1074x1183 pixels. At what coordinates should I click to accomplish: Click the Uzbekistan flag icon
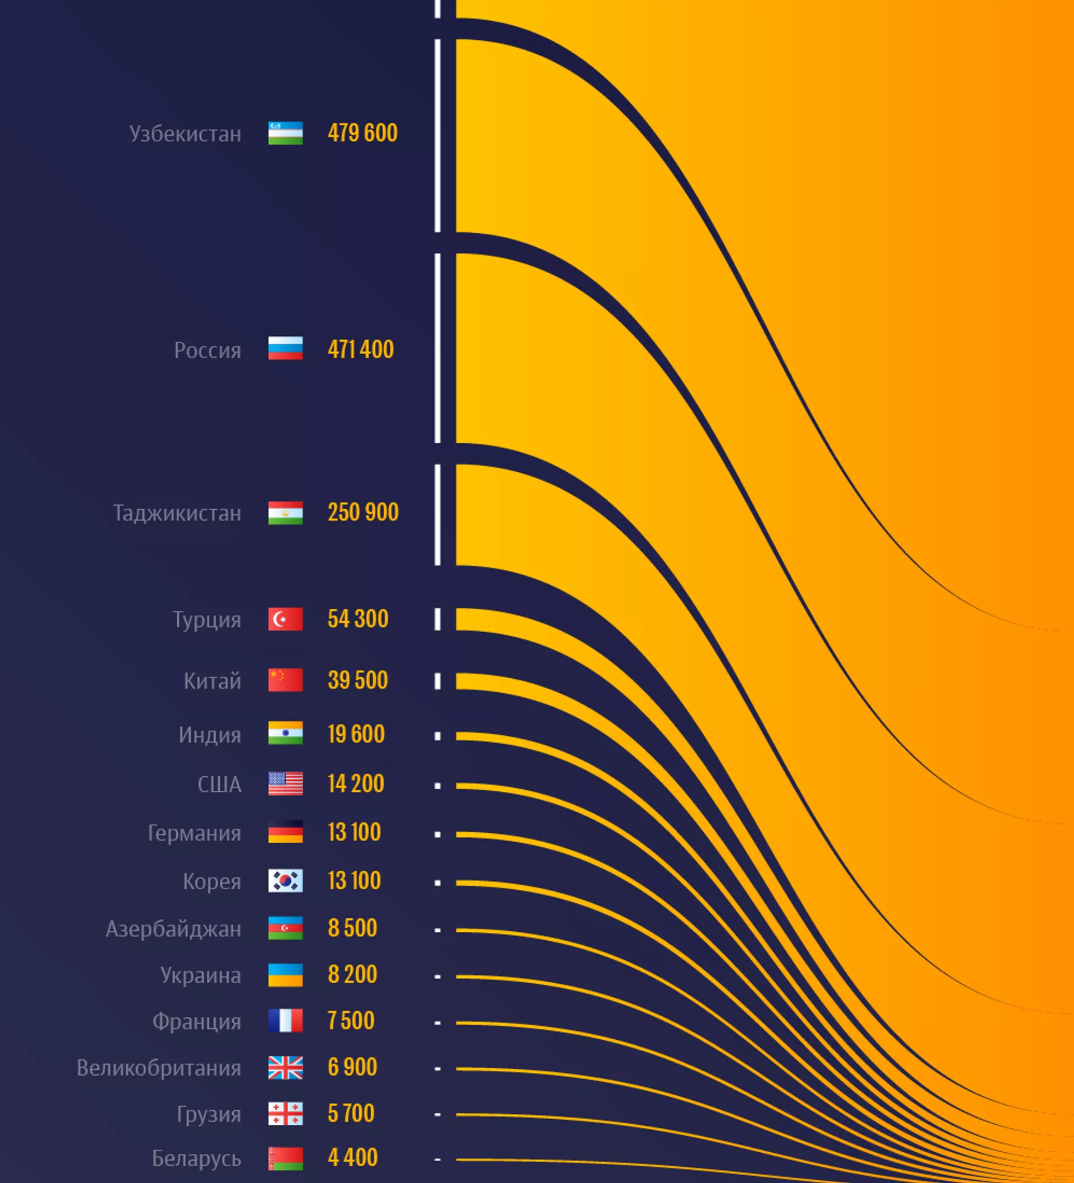click(286, 133)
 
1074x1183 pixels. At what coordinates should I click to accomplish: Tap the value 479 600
click(362, 133)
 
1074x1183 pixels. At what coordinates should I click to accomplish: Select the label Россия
click(208, 350)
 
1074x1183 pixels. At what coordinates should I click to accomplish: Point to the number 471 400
click(361, 350)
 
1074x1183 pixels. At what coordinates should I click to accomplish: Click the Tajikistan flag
click(286, 513)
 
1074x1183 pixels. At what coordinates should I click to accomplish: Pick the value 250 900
click(363, 512)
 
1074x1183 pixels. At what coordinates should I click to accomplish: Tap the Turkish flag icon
click(286, 619)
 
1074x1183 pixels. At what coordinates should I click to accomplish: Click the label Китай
click(213, 681)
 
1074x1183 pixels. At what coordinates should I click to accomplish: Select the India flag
click(286, 734)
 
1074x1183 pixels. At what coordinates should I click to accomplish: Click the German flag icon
click(286, 832)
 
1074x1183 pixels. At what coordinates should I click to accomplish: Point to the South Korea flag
click(286, 881)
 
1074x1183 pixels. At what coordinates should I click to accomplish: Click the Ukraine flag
click(286, 975)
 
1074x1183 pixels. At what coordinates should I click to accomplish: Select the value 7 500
click(351, 1021)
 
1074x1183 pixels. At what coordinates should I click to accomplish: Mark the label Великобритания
click(159, 1068)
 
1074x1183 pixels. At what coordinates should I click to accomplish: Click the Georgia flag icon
click(286, 1114)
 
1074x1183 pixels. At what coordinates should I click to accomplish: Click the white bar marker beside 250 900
click(437, 515)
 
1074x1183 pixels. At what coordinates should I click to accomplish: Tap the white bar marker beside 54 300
click(437, 619)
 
